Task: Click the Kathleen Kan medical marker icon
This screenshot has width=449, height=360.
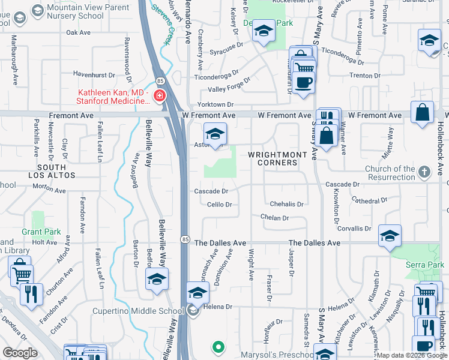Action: (x=160, y=97)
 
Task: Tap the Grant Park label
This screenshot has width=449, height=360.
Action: (x=41, y=232)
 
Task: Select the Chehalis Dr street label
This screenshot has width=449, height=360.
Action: (x=286, y=205)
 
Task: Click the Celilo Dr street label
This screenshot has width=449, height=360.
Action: (x=219, y=205)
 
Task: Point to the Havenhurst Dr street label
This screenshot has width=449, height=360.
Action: (x=94, y=75)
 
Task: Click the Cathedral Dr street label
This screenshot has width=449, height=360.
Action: (x=370, y=200)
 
